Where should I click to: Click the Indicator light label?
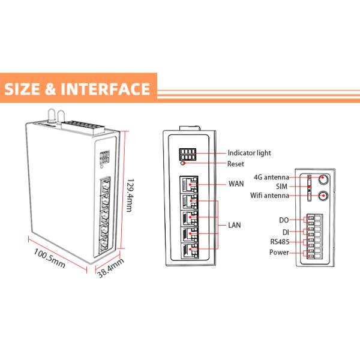pos(249,153)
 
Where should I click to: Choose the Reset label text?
pos(236,164)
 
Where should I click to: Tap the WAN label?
pos(236,184)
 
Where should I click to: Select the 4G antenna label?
pos(271,177)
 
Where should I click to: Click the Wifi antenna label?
pos(269,196)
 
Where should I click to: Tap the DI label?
pos(286,231)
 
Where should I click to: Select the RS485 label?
pos(280,242)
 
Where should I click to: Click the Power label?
pos(280,253)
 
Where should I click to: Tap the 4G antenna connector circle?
pos(324,179)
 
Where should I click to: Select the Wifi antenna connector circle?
pos(324,196)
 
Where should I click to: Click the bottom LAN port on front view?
pos(190,252)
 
